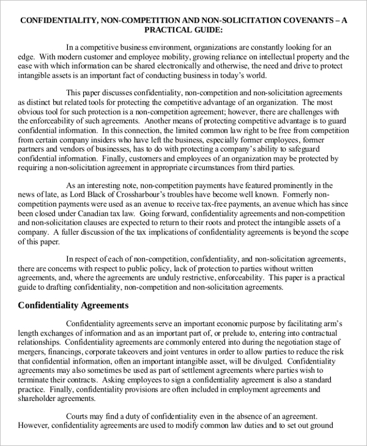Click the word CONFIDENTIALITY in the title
[x=57, y=20]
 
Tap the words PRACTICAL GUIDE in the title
[x=183, y=29]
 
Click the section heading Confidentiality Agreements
[x=73, y=304]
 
